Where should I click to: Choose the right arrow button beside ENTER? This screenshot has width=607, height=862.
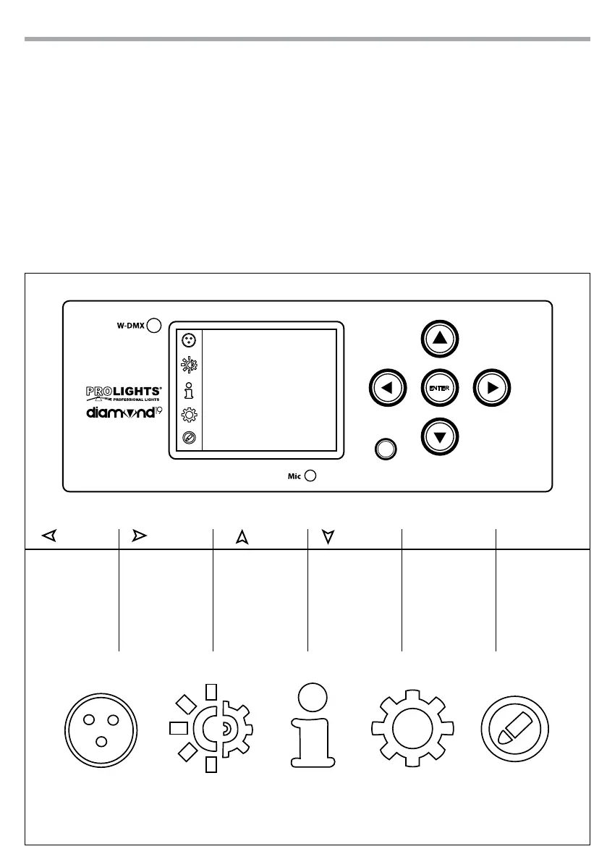pos(493,388)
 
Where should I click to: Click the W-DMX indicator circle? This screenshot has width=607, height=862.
pos(154,326)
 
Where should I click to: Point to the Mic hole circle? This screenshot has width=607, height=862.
pos(310,476)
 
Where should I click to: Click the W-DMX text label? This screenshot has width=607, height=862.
pos(130,326)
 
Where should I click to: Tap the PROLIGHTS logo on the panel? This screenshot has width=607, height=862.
pos(124,394)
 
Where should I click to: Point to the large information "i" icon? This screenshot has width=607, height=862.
pos(313,724)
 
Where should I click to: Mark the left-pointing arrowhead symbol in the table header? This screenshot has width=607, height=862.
pos(48,536)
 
